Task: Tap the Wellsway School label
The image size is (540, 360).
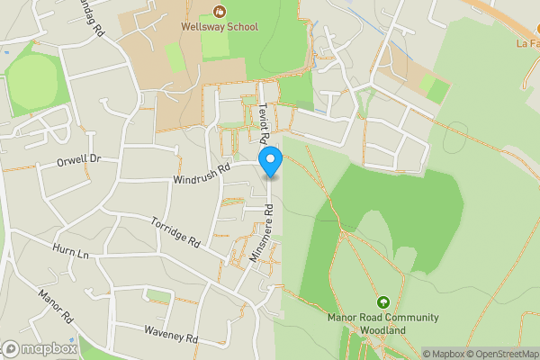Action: point(220,27)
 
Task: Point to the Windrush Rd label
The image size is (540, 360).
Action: point(202,174)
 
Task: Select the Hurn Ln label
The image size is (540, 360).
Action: point(72,248)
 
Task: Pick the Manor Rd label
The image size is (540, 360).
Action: point(54,307)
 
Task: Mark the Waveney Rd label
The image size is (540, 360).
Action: point(170,334)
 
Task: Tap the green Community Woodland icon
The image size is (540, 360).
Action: point(383,302)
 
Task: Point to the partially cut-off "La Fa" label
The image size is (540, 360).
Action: point(526,42)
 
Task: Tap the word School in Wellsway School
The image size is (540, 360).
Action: point(240,27)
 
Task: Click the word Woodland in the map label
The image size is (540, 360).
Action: point(383,330)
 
